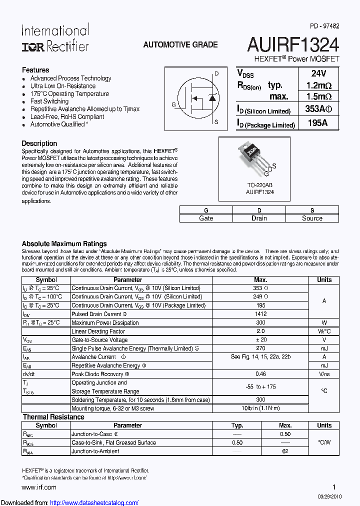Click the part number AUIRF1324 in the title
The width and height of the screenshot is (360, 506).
pos(293,45)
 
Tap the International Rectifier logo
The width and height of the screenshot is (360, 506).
pos(55,38)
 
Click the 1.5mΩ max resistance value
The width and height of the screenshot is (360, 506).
pos(318,97)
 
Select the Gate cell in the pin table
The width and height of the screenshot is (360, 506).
pos(206,218)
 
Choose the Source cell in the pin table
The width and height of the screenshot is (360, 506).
pos(312,218)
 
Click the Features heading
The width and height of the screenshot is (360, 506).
pos(35,70)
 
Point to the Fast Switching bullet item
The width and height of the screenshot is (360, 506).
pos(49,101)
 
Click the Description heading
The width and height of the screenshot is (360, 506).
pos(39,143)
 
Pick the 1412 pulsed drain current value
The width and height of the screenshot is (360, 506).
pos(260,314)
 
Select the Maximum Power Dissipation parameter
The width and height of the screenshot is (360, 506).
pos(105,322)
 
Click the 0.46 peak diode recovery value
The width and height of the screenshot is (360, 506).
pos(260,374)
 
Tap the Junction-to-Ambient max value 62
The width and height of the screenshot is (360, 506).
pos(285,451)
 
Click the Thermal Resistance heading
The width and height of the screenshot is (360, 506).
pos(53,417)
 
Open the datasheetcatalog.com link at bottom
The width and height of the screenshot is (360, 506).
pos(94,502)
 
